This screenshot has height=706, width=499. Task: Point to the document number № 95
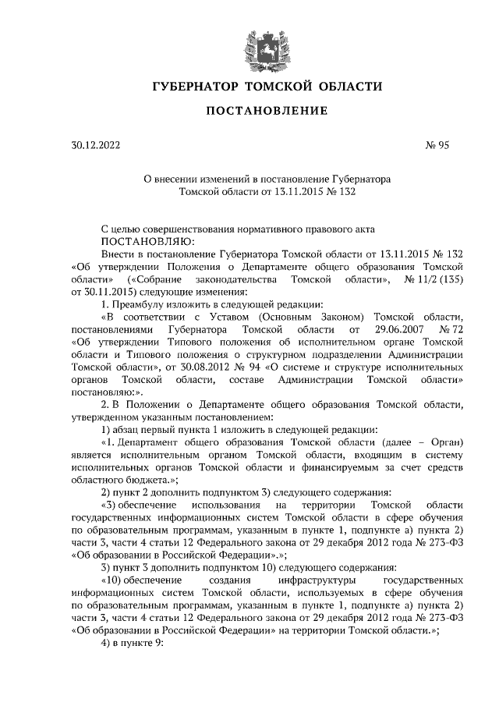click(x=437, y=145)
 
